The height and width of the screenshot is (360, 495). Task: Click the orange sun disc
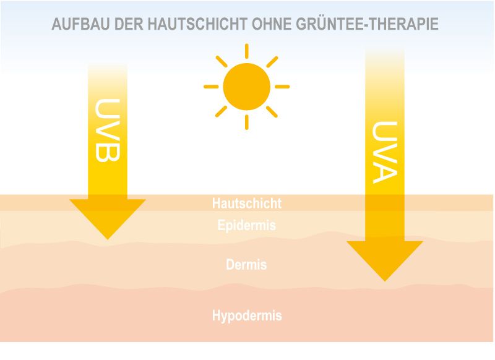[x=246, y=87]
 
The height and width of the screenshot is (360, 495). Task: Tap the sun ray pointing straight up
[x=246, y=51]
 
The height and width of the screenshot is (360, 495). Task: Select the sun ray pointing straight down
[x=246, y=122]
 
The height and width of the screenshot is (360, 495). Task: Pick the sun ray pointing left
[x=211, y=87]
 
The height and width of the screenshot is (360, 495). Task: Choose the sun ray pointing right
[x=282, y=87]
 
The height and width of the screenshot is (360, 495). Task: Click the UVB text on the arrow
[x=107, y=131]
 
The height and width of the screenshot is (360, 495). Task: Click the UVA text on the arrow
[x=385, y=152]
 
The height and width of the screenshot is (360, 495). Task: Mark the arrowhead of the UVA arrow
[x=385, y=261]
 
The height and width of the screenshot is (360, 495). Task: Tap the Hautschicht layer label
[x=247, y=204]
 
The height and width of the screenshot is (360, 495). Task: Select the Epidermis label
[x=247, y=225]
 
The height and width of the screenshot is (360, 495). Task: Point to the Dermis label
[x=246, y=264]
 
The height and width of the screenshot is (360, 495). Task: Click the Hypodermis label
[x=247, y=315]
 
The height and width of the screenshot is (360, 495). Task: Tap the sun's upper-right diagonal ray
[x=272, y=62]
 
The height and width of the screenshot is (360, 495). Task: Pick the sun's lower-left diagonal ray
[x=222, y=112]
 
